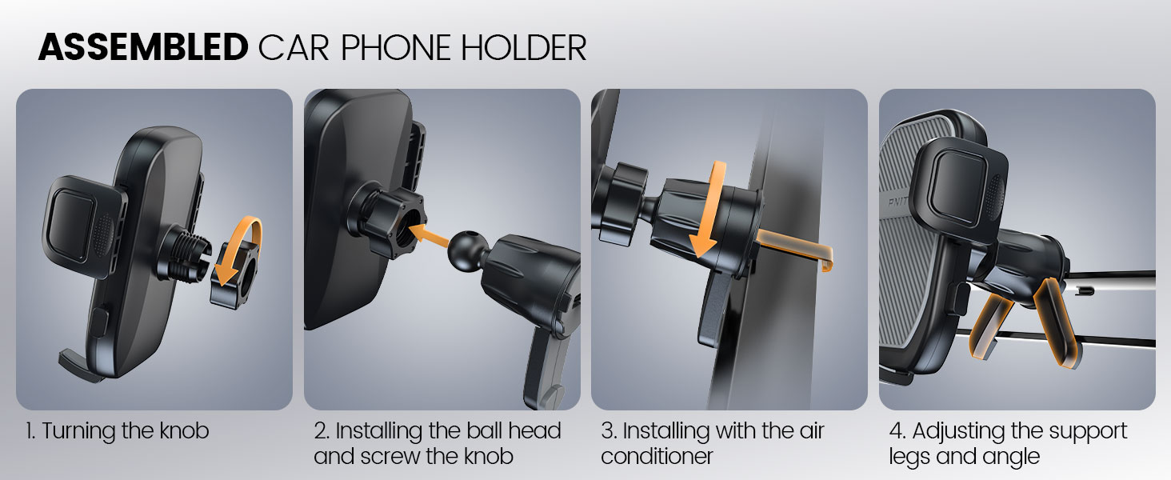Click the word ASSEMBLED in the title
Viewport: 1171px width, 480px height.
[x=142, y=47]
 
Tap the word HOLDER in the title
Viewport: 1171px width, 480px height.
[x=524, y=47]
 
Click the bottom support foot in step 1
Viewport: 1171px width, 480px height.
[x=78, y=365]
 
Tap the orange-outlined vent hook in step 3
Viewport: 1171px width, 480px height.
[x=794, y=247]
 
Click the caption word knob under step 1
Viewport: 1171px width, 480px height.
[x=184, y=431]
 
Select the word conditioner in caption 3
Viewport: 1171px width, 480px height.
[x=657, y=457]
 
